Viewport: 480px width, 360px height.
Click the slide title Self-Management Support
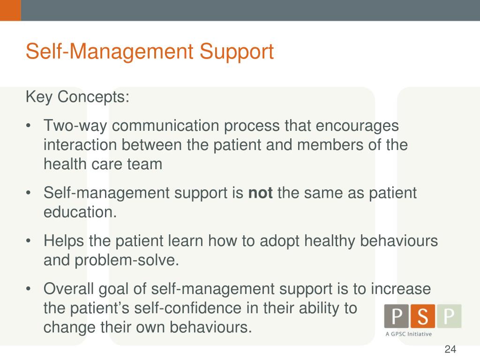click(150, 51)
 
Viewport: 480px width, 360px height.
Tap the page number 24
click(450, 349)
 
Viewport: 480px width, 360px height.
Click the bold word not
click(260, 193)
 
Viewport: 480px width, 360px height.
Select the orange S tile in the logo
click(423, 316)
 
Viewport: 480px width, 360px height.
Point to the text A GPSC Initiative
click(408, 334)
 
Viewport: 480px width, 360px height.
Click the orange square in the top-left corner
click(10, 10)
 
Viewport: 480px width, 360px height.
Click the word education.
click(80, 212)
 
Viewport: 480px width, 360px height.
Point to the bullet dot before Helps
click(29, 241)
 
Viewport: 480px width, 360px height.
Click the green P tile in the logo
click(449, 316)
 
